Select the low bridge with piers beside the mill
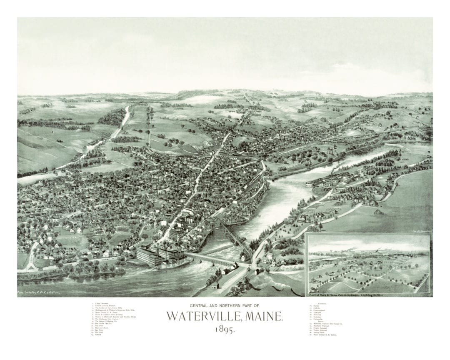(208, 259)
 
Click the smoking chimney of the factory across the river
(332, 172)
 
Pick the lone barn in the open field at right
(377, 212)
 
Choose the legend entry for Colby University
(104, 304)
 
